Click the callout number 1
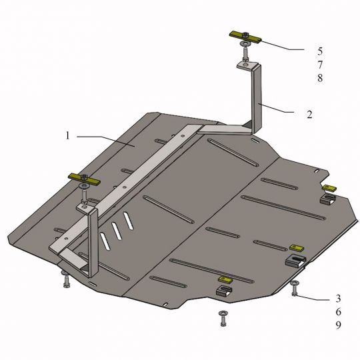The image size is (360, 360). click(x=67, y=135)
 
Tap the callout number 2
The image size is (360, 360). click(x=309, y=115)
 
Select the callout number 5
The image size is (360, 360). click(x=320, y=51)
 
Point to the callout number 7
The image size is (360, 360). click(x=320, y=65)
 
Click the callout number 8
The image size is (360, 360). click(x=320, y=78)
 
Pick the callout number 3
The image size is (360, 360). click(x=338, y=299)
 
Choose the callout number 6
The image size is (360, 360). click(x=338, y=312)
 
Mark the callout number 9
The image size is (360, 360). click(x=338, y=325)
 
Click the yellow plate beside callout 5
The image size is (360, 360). click(x=245, y=37)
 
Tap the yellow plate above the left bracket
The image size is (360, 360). click(x=84, y=179)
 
